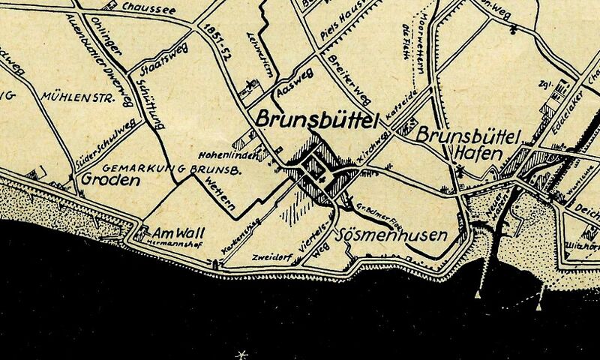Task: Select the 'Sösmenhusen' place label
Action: [x=394, y=235]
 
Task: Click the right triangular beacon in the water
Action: [x=538, y=306]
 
